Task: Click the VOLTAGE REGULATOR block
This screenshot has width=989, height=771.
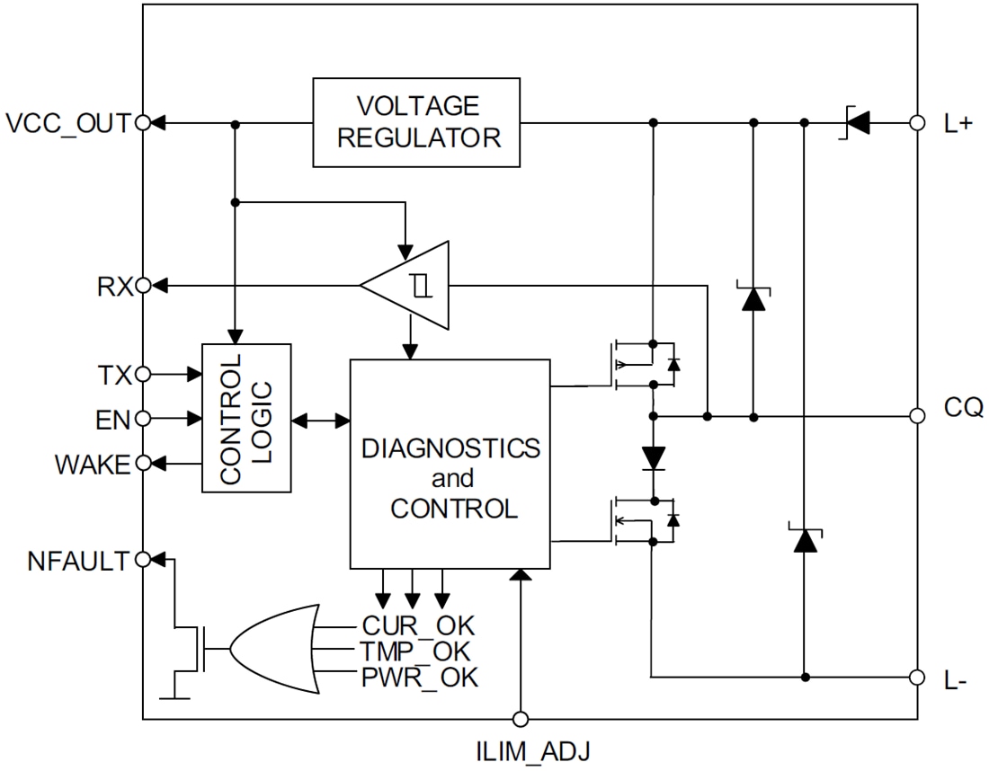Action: [416, 122]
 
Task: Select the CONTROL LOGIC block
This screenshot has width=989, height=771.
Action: [247, 418]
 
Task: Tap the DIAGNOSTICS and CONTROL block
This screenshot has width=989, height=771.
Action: [450, 464]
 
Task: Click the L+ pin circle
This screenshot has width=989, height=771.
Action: [917, 122]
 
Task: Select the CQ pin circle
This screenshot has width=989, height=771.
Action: [917, 416]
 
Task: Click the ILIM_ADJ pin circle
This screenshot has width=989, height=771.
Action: [520, 719]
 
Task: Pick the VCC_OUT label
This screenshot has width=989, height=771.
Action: [68, 123]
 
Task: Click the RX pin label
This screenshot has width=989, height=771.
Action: [115, 287]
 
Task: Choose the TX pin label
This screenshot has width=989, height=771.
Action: [113, 373]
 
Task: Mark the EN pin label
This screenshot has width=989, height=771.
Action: [113, 418]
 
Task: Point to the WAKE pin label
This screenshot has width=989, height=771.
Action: [92, 465]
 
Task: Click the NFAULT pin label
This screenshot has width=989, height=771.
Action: [78, 561]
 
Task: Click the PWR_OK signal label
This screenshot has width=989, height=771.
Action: [419, 678]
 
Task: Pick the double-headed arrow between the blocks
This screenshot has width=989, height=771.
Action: [321, 419]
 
